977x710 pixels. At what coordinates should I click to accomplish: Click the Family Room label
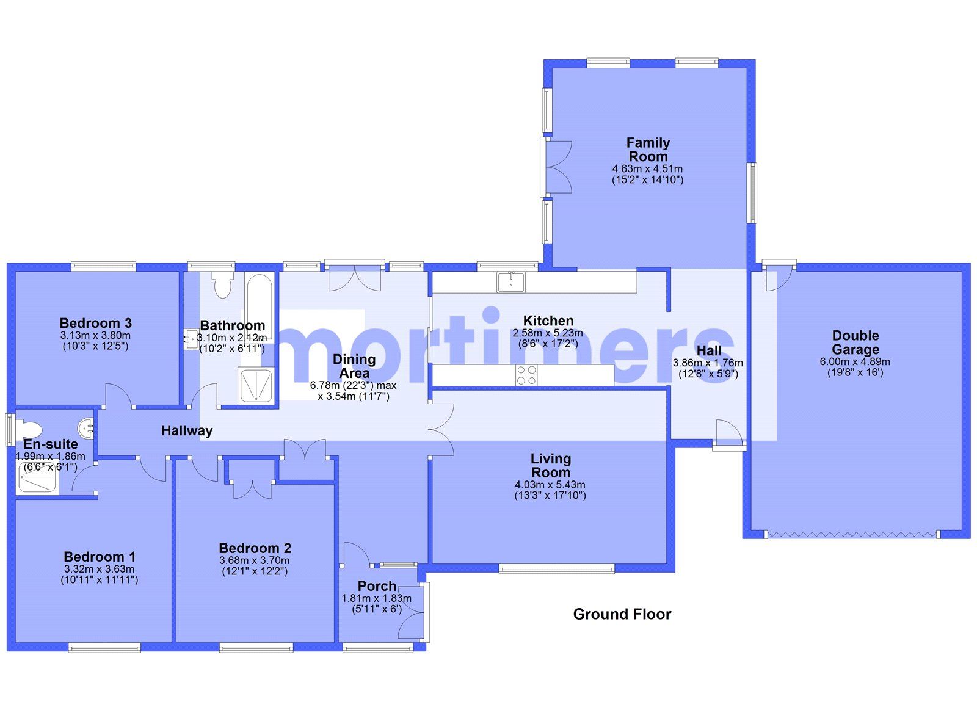point(648,149)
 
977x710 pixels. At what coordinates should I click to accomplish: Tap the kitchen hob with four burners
point(526,375)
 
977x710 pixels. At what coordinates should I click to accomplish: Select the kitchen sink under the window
point(510,282)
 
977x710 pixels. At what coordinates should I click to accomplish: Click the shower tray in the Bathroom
point(256,386)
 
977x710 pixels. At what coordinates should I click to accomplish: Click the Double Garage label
point(855,342)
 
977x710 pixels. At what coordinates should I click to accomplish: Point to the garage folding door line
point(852,534)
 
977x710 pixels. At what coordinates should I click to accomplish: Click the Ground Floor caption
point(622,614)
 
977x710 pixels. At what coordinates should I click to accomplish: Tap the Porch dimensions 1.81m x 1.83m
point(376,599)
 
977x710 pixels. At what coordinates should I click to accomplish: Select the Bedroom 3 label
point(95,323)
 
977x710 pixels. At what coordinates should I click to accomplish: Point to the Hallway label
point(187,430)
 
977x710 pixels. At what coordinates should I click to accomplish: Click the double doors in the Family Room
point(558,167)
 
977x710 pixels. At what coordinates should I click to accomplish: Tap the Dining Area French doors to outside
point(354,278)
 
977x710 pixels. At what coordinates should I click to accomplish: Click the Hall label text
point(708,350)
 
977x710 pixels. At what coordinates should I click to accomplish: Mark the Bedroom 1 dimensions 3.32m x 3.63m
point(99,569)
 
